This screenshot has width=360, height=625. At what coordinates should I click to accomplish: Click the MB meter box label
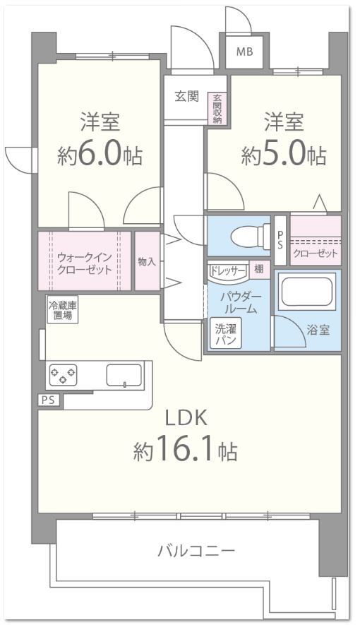244,51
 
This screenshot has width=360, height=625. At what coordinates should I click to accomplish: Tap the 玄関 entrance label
187,97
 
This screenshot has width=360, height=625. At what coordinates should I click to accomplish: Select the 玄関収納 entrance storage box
217,109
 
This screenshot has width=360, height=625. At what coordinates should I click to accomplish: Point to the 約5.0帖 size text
284,155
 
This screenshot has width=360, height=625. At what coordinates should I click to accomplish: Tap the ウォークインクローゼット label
85,263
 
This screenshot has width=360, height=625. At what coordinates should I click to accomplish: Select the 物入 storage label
147,261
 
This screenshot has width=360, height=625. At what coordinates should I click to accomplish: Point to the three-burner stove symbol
63,374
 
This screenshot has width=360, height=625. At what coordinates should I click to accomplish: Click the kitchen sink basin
124,374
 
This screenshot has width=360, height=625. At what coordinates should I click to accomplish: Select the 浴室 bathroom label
318,330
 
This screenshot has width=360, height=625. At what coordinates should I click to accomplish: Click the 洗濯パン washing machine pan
225,333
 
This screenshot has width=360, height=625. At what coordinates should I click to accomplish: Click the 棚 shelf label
260,268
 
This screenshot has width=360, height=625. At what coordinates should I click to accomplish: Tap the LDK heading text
186,418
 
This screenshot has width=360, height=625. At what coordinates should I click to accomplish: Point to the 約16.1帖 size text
185,449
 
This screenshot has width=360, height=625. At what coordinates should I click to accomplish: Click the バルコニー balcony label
196,550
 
